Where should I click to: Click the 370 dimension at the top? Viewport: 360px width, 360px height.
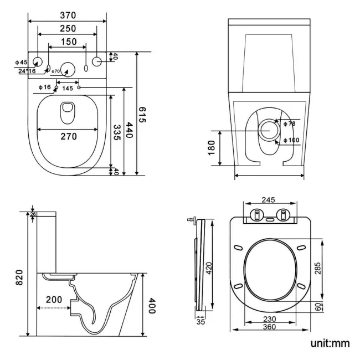coord(69,15)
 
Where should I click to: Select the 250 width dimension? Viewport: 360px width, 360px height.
coord(69,28)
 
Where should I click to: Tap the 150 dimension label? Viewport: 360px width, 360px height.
coord(69,42)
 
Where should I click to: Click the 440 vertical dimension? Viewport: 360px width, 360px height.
coord(129,131)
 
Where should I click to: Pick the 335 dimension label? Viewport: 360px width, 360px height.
coord(117,133)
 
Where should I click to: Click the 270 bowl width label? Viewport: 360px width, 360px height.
coord(69,136)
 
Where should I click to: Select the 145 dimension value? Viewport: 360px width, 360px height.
coord(68,89)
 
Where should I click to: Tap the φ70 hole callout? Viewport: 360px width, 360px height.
coord(55,71)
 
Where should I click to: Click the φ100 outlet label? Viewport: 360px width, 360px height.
coord(291,140)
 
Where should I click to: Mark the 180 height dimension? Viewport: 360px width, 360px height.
coord(212,148)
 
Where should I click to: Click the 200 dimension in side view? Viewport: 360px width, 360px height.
coord(54,300)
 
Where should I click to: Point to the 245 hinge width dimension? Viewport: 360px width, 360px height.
coord(269,200)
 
